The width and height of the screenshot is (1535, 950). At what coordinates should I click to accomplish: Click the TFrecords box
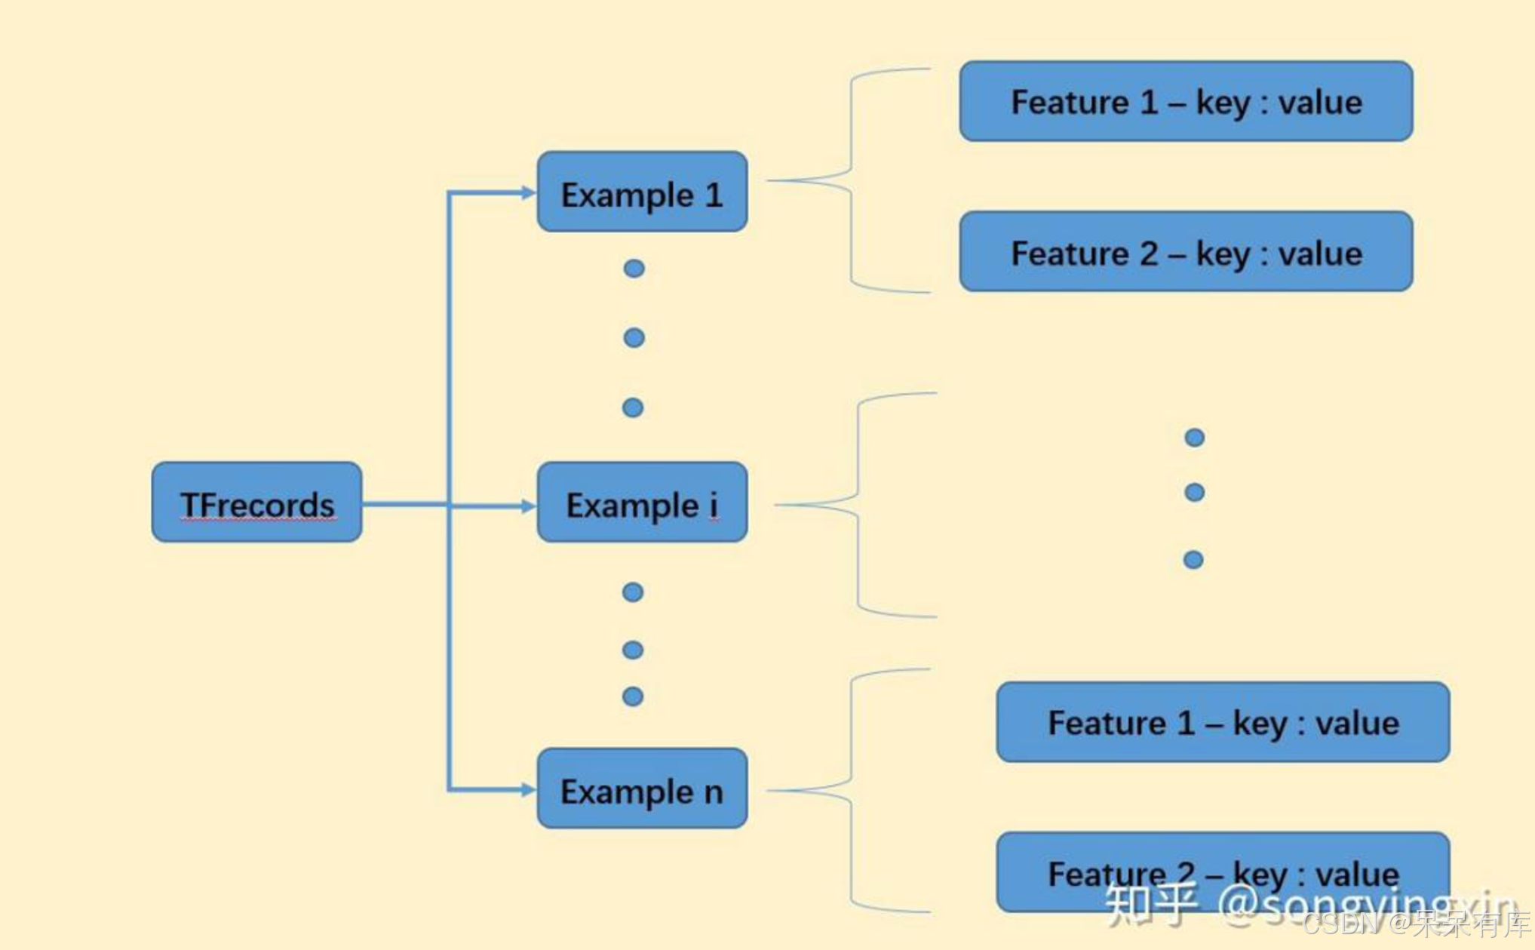coord(256,503)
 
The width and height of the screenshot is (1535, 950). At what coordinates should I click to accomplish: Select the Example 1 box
coord(642,192)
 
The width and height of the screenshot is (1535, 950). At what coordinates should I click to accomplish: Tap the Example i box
coord(642,503)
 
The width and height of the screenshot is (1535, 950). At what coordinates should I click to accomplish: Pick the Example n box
coord(642,789)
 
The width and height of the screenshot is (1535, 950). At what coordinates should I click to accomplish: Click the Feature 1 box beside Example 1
coord(1186,102)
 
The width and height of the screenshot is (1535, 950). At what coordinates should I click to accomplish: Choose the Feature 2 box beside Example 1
coord(1186,252)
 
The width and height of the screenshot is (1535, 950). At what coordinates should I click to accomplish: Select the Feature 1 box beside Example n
coord(1223,722)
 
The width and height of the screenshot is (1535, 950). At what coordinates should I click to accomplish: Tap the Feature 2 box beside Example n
coord(1223,872)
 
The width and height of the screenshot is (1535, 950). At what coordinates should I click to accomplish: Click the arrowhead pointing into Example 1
coord(528,193)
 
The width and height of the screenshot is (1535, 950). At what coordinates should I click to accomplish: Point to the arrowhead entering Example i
coord(528,506)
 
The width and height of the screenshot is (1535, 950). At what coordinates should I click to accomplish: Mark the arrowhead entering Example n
coord(528,790)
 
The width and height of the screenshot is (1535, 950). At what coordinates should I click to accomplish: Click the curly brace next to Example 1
coord(851,180)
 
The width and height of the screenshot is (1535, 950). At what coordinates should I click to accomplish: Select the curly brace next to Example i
coord(858,504)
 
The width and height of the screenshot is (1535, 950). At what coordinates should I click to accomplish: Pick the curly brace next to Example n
coord(851,790)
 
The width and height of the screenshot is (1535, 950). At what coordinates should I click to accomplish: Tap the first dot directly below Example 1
coord(634,269)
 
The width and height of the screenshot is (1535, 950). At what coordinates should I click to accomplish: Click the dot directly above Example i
coord(633,408)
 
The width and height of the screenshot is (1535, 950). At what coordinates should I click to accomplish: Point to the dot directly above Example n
coord(633,696)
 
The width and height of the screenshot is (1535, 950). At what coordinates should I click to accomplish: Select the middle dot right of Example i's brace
coord(1195,493)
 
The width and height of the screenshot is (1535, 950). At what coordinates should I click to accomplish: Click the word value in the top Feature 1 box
coord(1321,103)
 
